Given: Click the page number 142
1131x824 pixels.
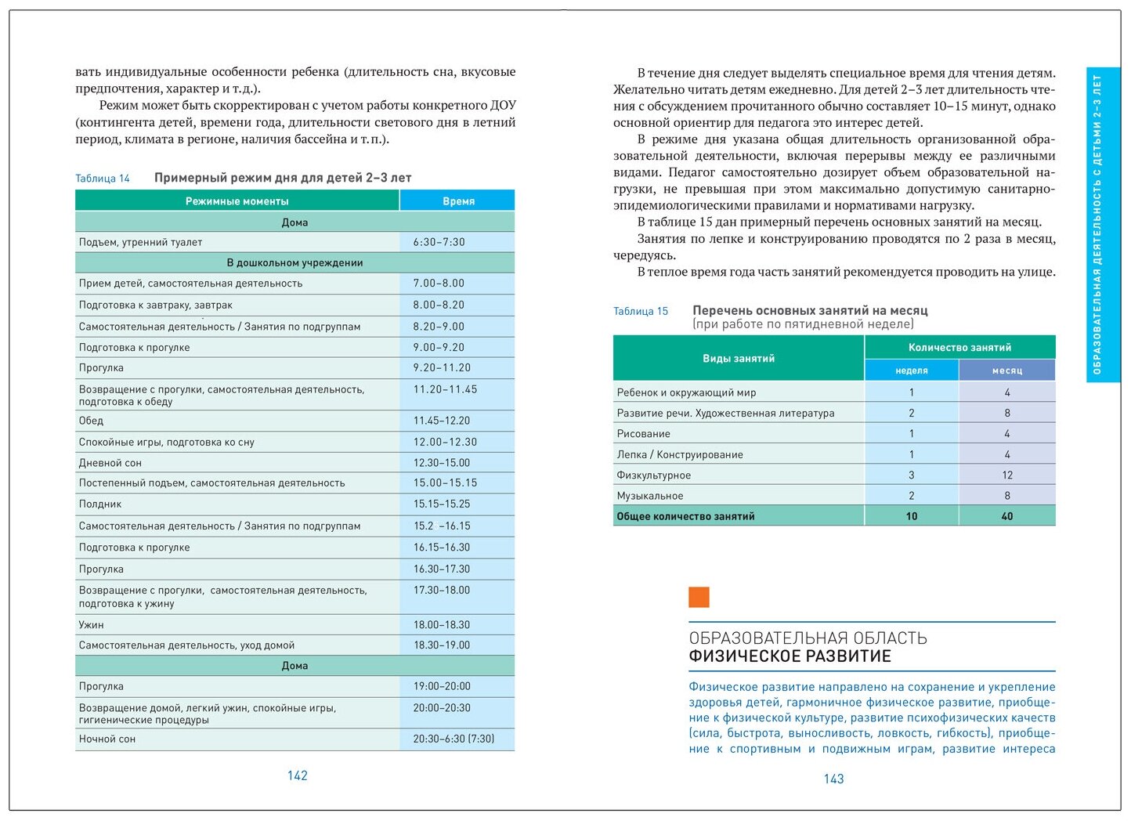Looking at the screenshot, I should (298, 775).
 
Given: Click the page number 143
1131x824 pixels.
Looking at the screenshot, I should (833, 779).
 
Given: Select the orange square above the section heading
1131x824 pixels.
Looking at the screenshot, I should (699, 598).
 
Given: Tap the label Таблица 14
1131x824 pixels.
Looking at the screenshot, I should (103, 179).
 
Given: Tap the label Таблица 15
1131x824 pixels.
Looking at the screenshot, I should (641, 311).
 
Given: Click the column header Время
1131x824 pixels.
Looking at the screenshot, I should (458, 201).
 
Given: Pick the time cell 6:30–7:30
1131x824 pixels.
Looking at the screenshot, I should (439, 242).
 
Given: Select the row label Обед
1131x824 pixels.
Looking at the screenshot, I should (92, 421).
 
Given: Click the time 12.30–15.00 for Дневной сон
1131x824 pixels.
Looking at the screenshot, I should (442, 463).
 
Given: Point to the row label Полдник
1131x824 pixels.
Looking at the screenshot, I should (100, 504).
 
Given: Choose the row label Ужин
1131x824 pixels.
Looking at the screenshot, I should (92, 625).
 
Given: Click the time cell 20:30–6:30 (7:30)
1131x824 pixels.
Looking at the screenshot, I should (453, 739).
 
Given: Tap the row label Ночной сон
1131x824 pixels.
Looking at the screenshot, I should (107, 739).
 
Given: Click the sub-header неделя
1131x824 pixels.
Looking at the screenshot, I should (912, 370).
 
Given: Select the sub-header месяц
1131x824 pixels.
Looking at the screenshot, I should (1007, 370).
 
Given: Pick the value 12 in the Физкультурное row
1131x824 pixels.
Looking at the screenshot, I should (1007, 475).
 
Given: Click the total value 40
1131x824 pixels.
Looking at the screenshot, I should (1007, 516).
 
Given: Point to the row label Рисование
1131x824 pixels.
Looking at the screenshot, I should (644, 434).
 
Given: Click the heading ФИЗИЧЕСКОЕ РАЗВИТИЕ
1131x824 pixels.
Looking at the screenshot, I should (790, 656).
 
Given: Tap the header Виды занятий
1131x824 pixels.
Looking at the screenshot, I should (739, 359).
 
